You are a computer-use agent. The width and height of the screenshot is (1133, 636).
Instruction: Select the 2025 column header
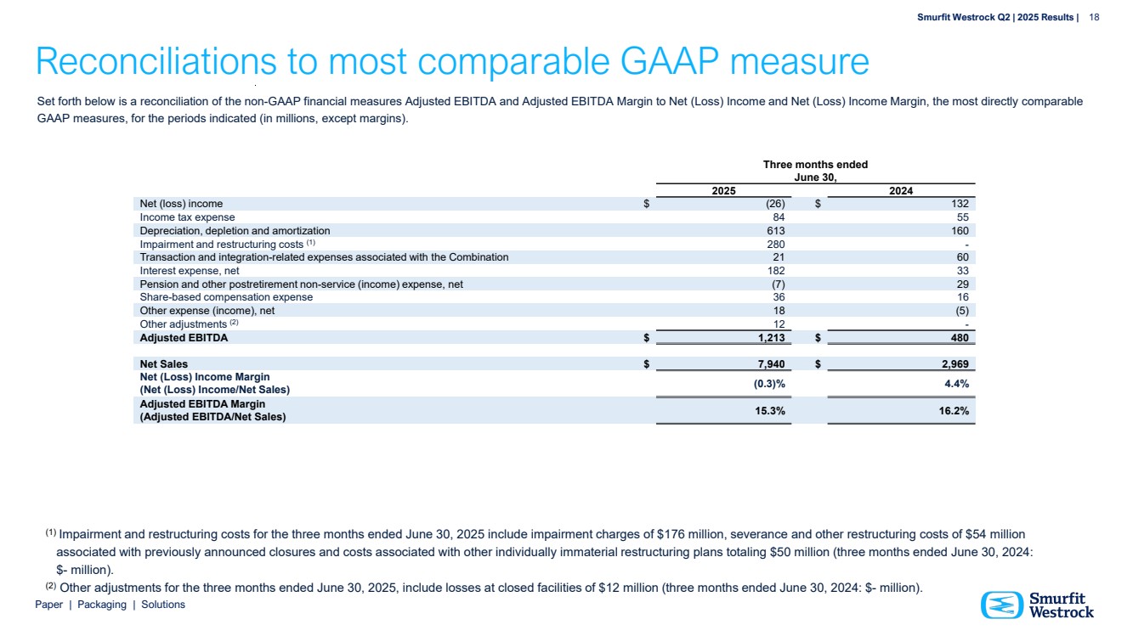pos(723,191)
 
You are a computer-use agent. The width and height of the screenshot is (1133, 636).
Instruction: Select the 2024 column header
pos(901,191)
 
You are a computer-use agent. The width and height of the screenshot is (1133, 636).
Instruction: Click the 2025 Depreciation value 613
pos(774,230)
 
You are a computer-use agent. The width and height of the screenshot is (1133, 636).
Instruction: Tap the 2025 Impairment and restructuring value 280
pos(774,244)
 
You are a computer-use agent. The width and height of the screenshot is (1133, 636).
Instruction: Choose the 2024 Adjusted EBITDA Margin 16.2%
pos(952,411)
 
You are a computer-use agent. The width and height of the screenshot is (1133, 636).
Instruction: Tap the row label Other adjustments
pos(183,324)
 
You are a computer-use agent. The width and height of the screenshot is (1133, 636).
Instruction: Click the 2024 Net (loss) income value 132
pos(960,204)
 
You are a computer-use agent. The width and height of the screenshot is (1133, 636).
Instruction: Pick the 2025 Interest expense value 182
pos(774,270)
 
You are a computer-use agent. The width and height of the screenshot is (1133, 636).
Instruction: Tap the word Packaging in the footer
pos(101,605)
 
